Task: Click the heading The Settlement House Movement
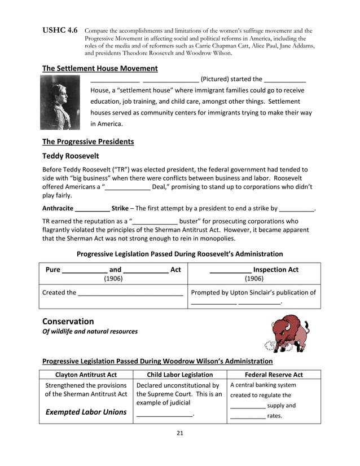[x=100, y=68]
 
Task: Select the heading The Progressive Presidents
[x=88, y=142]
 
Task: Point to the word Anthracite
[x=58, y=208]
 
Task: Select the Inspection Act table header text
[x=275, y=270]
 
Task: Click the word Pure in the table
[x=52, y=270]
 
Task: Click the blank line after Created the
[x=130, y=293]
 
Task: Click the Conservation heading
[x=68, y=321]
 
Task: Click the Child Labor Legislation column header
[x=179, y=375]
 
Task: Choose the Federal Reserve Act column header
[x=274, y=375]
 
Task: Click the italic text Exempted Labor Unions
[x=86, y=412]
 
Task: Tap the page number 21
[x=180, y=433]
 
